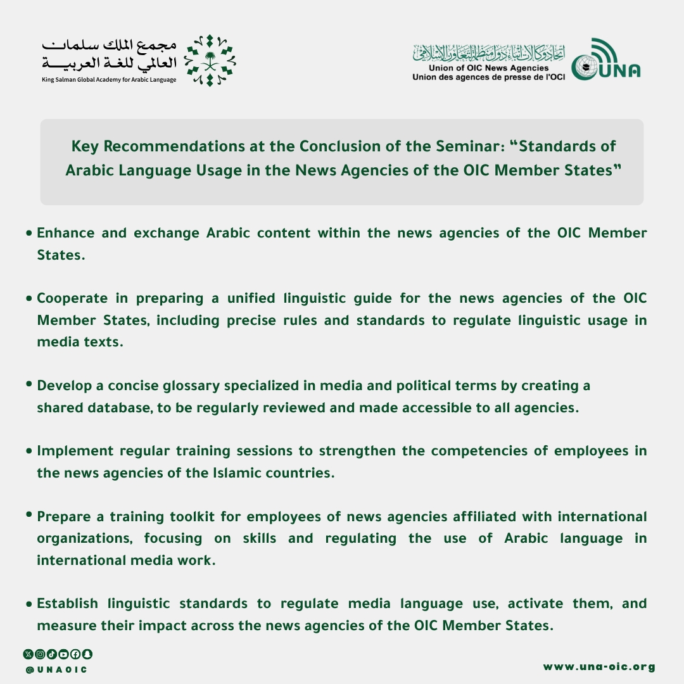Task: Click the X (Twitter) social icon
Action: (28, 654)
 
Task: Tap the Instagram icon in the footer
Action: (40, 654)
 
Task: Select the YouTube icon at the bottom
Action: (63, 654)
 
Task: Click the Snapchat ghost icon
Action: (87, 654)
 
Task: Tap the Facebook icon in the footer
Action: (75, 654)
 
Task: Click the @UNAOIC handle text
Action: (56, 669)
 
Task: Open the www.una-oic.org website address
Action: (599, 667)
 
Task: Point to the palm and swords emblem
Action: (210, 61)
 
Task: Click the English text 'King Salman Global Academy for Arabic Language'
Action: (109, 80)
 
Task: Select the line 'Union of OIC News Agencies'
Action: (488, 68)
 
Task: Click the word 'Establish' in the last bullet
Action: (67, 604)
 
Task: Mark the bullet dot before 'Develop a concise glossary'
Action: (29, 384)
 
